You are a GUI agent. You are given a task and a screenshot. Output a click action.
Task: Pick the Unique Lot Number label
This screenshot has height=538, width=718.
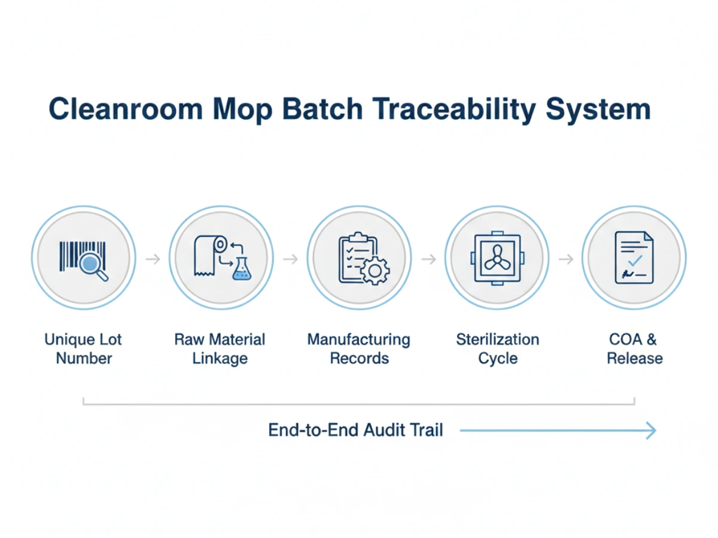point(83,349)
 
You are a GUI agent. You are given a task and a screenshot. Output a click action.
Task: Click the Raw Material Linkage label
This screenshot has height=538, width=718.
point(220,349)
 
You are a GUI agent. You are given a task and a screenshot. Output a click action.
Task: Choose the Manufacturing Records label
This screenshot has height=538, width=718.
point(359,349)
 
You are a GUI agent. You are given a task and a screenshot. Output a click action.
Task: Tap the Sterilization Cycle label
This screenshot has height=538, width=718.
point(497,349)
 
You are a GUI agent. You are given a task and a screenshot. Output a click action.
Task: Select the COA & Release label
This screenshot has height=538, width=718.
point(634,349)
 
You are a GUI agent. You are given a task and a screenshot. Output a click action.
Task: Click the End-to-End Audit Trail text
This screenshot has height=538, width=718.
point(355,430)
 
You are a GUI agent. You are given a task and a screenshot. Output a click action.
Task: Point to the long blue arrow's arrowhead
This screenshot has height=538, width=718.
point(651,430)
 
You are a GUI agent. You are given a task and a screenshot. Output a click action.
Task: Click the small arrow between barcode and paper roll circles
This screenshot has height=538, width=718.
point(153,259)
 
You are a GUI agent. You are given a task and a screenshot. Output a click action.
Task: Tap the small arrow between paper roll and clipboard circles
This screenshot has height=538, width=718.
point(290,259)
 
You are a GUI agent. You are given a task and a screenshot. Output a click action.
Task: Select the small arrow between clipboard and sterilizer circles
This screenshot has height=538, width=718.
point(428,259)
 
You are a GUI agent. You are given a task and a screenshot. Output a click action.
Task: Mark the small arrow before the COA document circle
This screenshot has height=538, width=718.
point(565,259)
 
